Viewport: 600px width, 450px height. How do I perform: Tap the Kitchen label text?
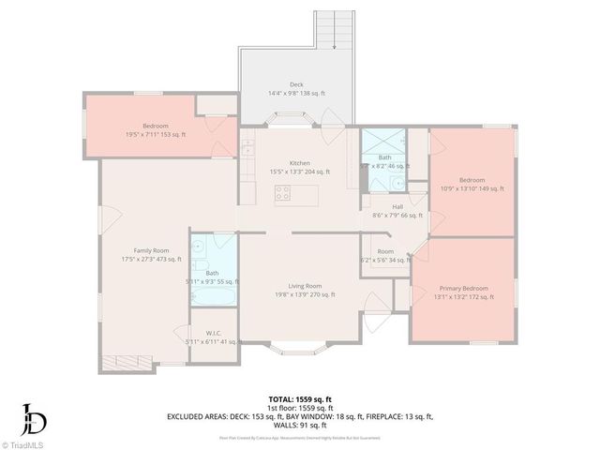point(299,163)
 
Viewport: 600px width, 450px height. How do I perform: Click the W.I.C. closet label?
point(213,333)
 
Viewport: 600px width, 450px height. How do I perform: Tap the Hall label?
point(397,206)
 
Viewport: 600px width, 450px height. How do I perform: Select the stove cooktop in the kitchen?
point(283,194)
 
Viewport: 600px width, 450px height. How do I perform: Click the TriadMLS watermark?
point(25,442)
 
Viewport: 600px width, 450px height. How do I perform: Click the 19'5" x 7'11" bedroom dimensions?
point(156,135)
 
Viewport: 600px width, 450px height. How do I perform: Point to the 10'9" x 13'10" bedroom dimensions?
point(472,188)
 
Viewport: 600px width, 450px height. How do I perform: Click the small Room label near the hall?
point(385,251)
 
